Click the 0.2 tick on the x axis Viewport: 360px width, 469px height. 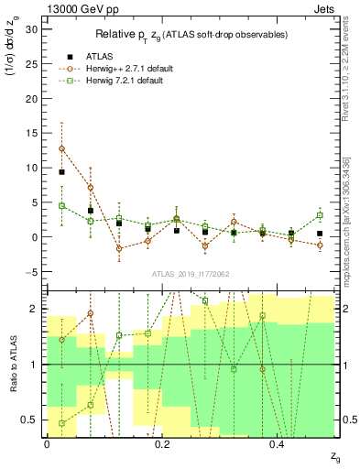coord(162,445)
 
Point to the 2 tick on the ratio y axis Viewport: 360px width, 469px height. coord(36,309)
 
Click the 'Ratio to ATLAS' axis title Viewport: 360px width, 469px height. coord(13,365)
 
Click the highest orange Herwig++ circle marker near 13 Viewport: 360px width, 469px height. coord(61,148)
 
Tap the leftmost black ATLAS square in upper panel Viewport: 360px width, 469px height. coord(61,172)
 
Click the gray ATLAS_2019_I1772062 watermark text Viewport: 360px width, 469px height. coord(190,274)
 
